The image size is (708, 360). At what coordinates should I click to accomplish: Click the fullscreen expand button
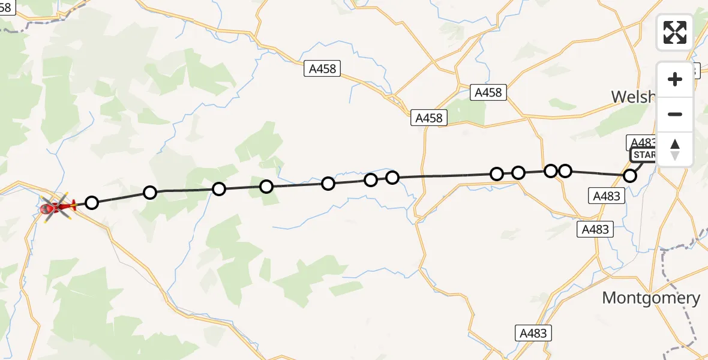(675, 32)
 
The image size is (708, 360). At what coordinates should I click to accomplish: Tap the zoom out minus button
(675, 114)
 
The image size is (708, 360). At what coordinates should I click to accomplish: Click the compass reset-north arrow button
(675, 149)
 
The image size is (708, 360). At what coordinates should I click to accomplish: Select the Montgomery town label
(651, 298)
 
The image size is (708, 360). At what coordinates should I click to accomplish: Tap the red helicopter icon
(56, 208)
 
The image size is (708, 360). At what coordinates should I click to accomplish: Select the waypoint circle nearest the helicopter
(91, 203)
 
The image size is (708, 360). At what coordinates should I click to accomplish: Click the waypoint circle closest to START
(630, 176)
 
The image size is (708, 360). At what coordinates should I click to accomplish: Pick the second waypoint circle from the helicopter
(150, 192)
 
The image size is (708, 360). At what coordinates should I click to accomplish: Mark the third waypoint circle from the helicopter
(219, 189)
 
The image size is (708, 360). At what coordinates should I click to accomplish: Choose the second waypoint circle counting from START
(565, 171)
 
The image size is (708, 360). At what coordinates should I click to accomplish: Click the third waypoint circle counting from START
(551, 171)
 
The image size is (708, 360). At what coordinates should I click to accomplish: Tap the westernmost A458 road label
(322, 69)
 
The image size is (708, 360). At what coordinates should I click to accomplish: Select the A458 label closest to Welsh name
(488, 92)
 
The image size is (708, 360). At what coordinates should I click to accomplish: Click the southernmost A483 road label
(533, 333)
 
